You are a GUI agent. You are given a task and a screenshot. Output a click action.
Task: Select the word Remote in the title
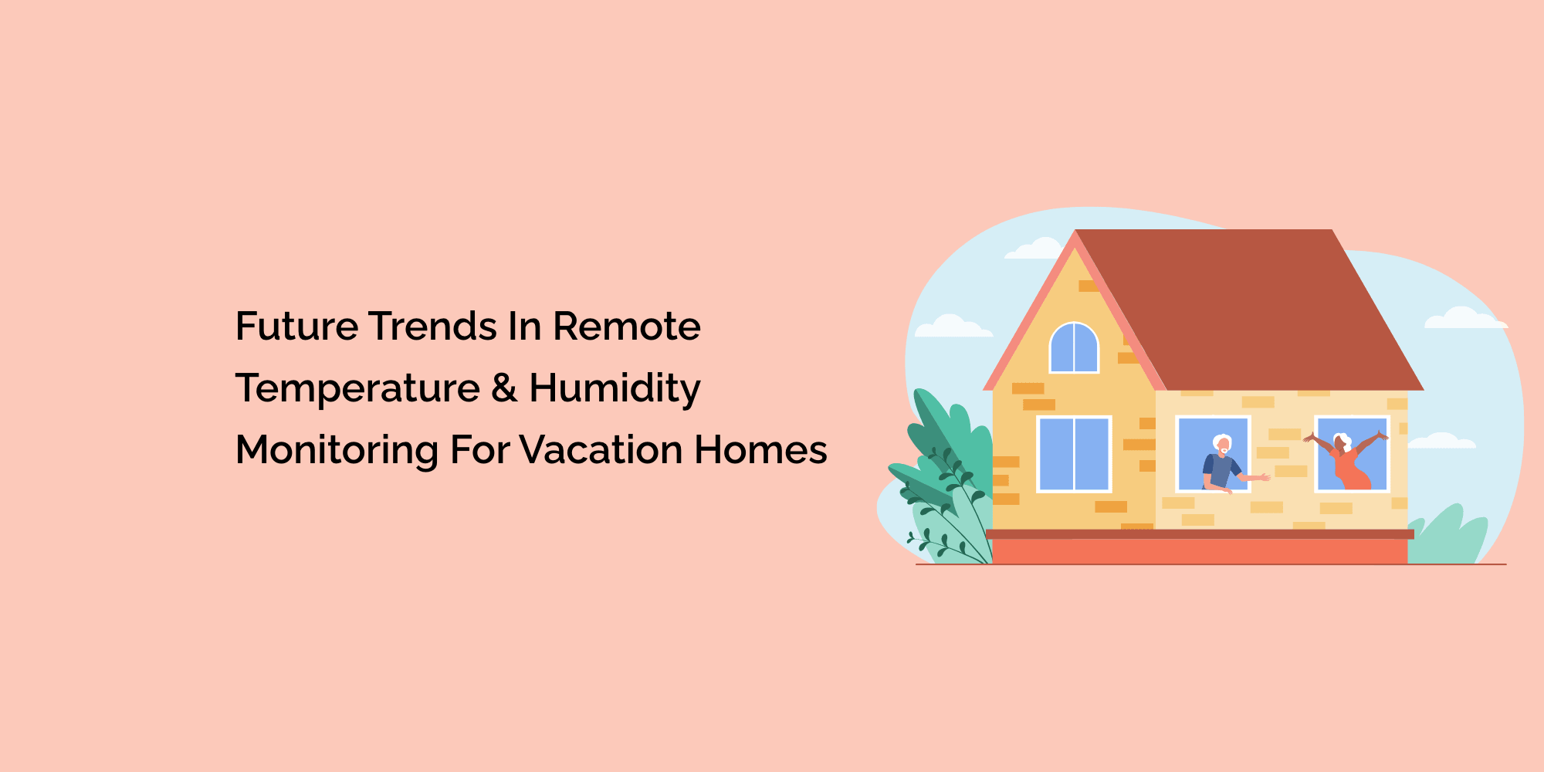coord(626,327)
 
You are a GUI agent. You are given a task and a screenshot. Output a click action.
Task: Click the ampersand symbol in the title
coord(504,388)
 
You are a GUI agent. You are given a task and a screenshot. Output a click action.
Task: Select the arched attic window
coord(1074,348)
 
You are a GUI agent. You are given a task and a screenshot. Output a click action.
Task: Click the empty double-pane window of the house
coord(1074,454)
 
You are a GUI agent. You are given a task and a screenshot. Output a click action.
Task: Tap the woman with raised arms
coord(1346,460)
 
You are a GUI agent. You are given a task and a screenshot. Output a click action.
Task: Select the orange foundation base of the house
coord(1200,551)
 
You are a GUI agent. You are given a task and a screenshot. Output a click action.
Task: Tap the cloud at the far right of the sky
coord(1465,318)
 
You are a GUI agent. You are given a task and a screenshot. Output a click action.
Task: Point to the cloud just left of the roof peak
coord(1033,249)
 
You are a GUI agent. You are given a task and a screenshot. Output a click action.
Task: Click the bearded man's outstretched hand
coord(1264,477)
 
